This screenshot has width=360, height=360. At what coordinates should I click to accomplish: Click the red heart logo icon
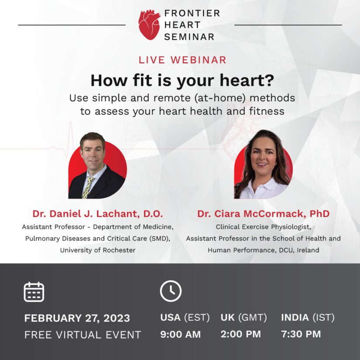tap(149, 25)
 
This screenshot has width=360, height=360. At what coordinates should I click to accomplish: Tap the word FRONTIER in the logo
tap(192, 13)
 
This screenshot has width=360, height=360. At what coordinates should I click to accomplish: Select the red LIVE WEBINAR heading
tap(182, 60)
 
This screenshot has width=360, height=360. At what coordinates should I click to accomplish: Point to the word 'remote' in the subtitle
tap(172, 98)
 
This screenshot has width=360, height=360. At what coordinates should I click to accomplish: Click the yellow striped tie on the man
tap(87, 188)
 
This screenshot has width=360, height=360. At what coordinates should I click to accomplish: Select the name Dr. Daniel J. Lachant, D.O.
tap(98, 213)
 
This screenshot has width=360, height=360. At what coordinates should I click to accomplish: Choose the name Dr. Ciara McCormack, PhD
tap(263, 213)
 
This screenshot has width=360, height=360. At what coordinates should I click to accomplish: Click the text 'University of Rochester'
tap(98, 250)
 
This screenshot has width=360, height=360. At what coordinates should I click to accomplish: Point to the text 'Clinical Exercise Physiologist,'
tap(263, 227)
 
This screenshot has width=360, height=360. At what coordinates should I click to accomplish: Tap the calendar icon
tap(34, 292)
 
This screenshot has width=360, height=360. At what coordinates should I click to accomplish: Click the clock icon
tap(171, 291)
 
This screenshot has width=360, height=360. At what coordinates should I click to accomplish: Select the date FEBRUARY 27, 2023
tap(77, 318)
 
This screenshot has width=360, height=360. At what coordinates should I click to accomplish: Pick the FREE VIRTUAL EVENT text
tap(82, 335)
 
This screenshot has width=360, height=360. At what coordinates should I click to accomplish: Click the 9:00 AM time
tap(181, 334)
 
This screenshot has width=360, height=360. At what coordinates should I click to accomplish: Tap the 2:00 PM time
tap(240, 334)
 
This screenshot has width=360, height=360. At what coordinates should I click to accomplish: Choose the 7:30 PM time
tap(301, 334)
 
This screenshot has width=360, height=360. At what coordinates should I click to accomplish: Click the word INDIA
tap(295, 318)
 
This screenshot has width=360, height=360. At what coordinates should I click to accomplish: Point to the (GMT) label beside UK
tap(253, 318)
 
